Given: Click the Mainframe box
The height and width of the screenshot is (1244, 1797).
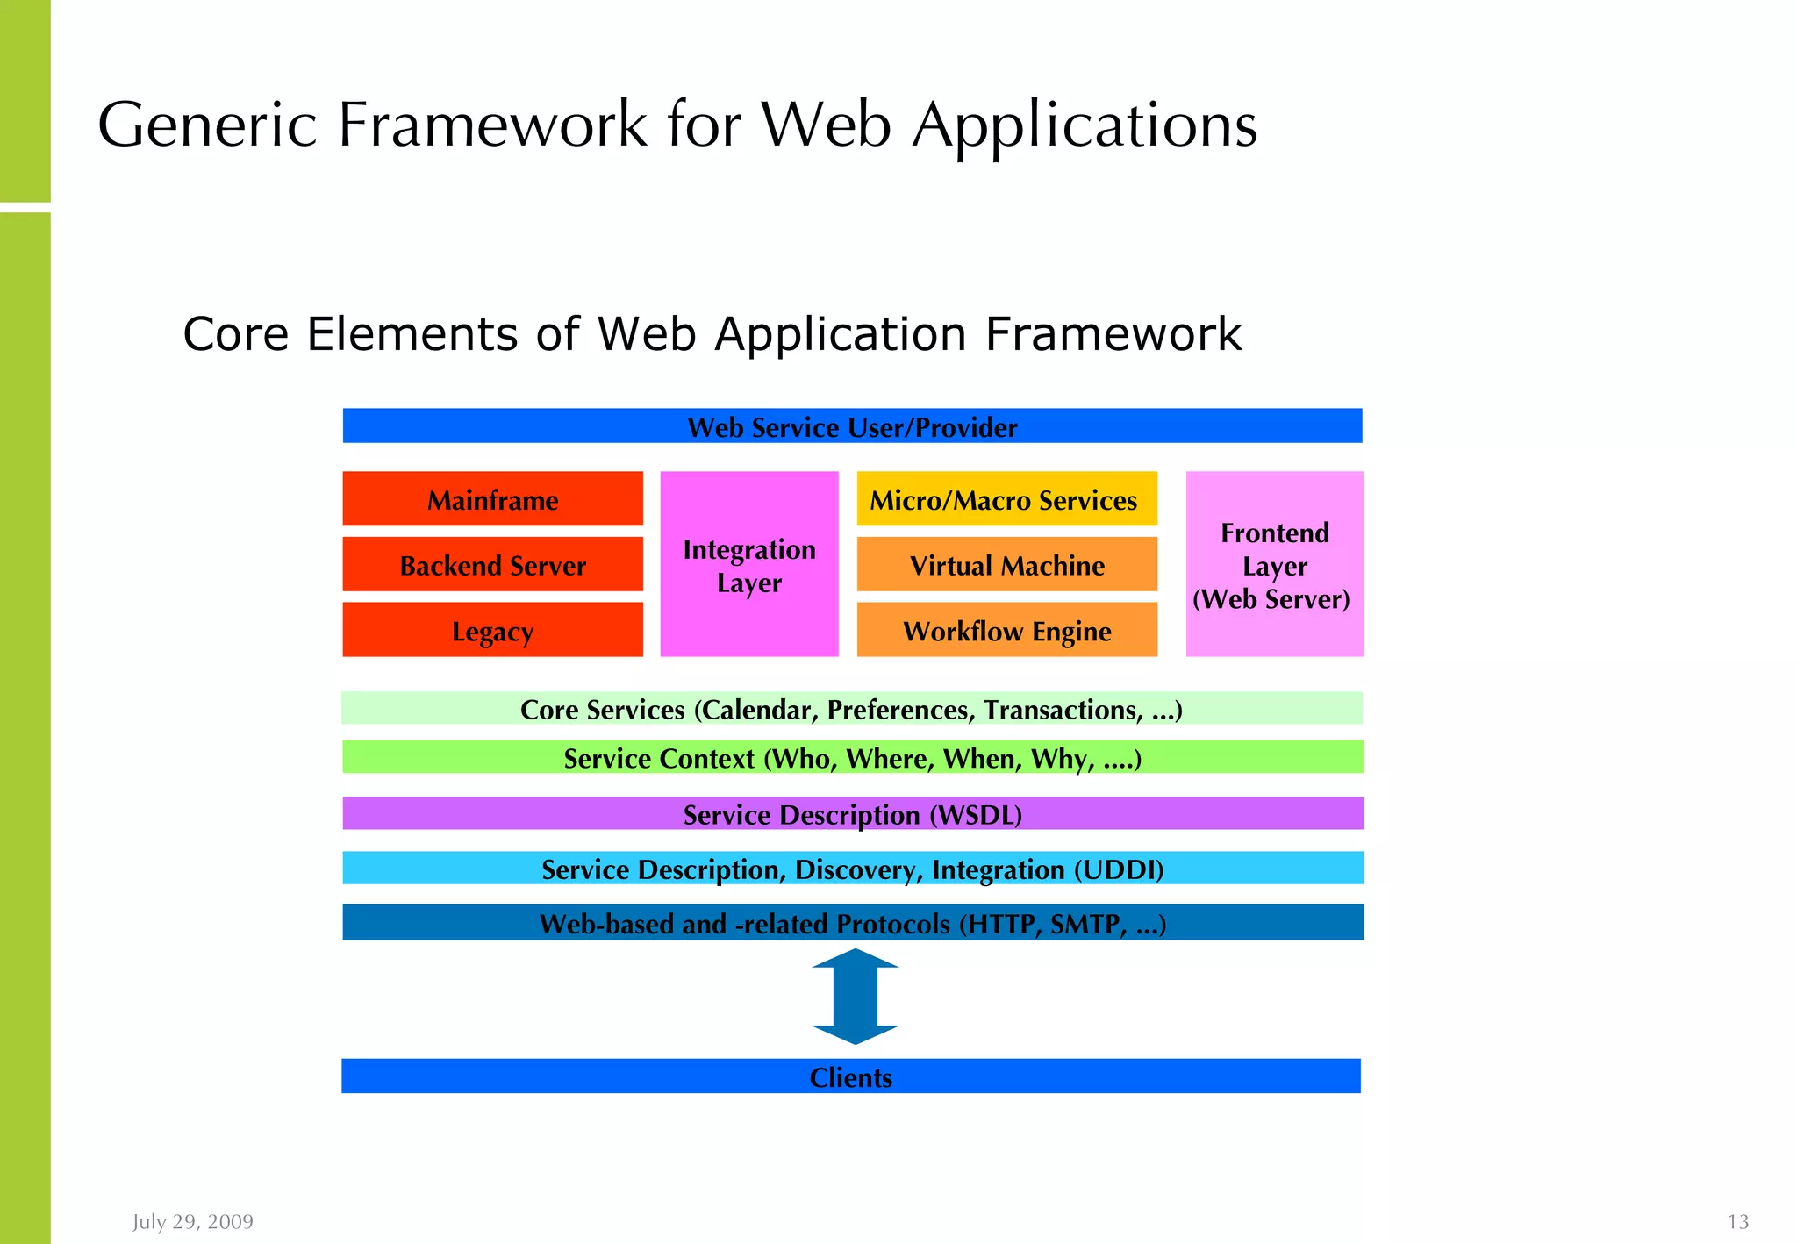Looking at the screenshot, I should [x=492, y=499].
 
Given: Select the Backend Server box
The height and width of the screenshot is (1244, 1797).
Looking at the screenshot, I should [x=492, y=565].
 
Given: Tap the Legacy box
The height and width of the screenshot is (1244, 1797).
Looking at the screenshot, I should [x=492, y=630].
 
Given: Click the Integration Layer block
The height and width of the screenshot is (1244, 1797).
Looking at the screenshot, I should [x=748, y=564].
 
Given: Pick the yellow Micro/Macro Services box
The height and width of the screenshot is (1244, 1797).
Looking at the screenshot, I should [x=1006, y=499].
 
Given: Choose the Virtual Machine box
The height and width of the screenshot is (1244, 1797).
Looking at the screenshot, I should [x=1006, y=565].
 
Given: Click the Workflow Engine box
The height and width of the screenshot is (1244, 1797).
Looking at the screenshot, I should [x=1006, y=630].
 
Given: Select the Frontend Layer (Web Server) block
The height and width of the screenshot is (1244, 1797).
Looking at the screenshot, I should [x=1274, y=564].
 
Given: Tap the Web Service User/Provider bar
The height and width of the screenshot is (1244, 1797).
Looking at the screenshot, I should [x=851, y=426].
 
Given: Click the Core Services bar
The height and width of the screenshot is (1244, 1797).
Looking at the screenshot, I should [x=851, y=709].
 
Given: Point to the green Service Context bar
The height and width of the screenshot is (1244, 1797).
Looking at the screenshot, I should [x=851, y=757].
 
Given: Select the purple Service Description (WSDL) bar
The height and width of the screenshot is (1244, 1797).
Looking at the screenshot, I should [x=851, y=813].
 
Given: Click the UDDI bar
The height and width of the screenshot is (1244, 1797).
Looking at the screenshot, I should [x=851, y=869].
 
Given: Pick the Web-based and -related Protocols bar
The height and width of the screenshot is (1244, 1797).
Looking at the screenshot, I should [x=851, y=923].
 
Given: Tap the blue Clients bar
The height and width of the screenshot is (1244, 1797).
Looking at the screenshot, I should [x=850, y=1076].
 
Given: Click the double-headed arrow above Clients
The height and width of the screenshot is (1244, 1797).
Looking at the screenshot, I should [x=856, y=997].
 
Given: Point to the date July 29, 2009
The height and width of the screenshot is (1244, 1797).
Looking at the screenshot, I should [x=193, y=1221].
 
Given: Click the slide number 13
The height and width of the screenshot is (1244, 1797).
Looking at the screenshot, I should [x=1737, y=1221].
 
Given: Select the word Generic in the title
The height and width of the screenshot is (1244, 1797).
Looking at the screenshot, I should [x=207, y=125].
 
